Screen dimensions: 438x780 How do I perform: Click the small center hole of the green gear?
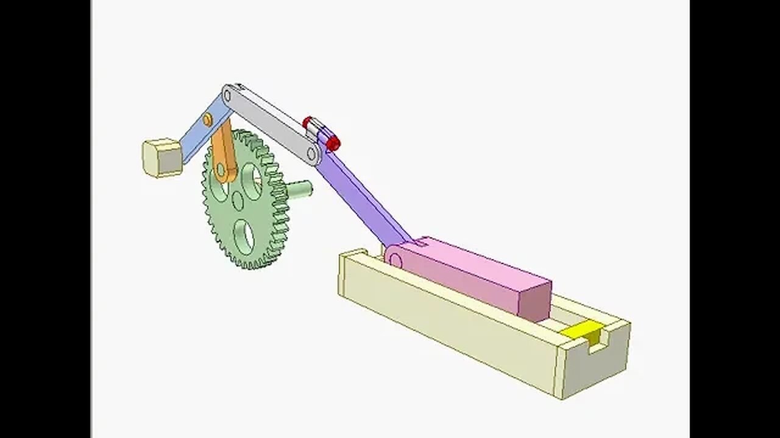pos(238,200)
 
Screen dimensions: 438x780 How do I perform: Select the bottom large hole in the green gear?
pos(243,237)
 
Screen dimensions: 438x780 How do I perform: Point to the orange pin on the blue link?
pos(208,119)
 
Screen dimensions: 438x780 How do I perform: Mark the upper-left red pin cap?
pos(308,123)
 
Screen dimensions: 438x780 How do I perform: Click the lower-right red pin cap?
pos(333,144)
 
